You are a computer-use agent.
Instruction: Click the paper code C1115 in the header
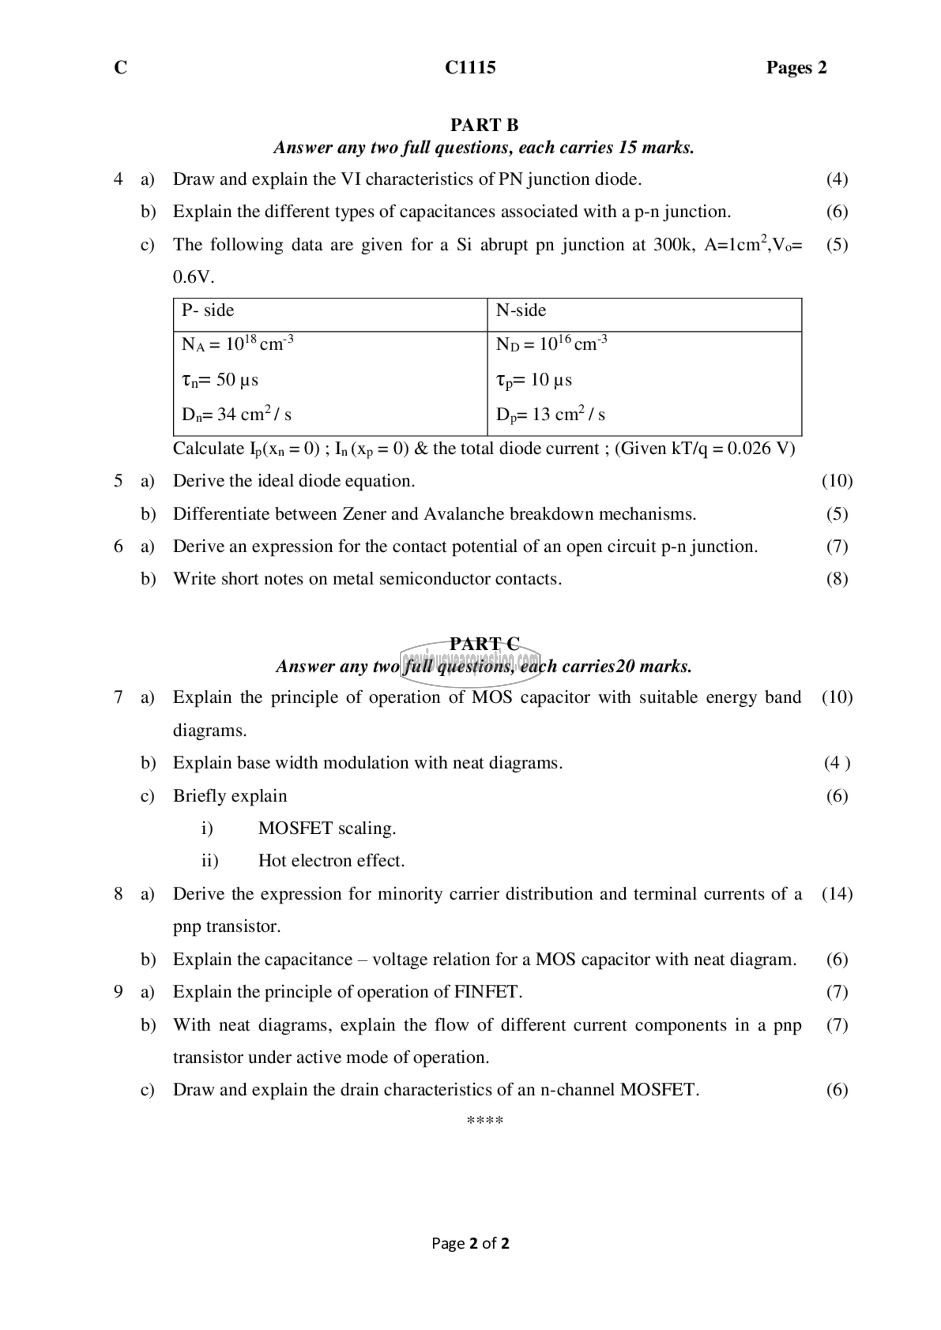point(470,68)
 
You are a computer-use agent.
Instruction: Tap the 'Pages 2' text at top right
point(796,68)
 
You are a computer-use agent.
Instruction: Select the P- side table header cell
point(208,310)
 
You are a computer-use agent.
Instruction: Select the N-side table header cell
point(521,310)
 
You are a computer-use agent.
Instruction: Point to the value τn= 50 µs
point(220,380)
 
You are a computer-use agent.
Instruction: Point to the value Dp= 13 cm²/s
point(550,415)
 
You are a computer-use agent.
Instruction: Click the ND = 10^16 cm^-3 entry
point(551,344)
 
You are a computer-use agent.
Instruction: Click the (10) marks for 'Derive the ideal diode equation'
point(837,481)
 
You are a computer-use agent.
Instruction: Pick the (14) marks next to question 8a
point(837,894)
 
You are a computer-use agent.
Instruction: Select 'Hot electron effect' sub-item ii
point(331,861)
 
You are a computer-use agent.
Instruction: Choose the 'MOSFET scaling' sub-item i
point(327,828)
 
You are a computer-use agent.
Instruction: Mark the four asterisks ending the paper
point(485,1121)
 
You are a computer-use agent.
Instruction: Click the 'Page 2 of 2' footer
point(470,1243)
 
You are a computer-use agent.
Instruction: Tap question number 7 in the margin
point(118,697)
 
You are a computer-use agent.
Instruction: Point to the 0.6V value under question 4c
point(193,277)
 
